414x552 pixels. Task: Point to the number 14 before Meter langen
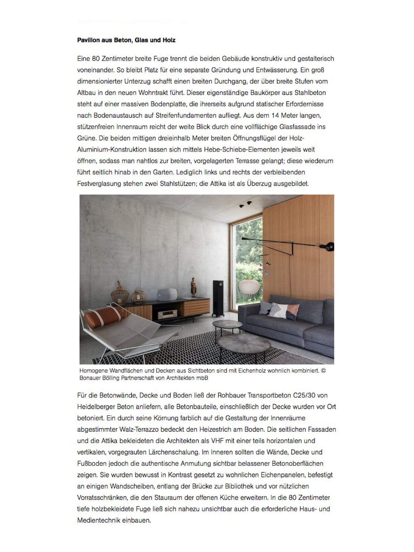click(275, 116)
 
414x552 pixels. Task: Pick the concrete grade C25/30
click(304, 395)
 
